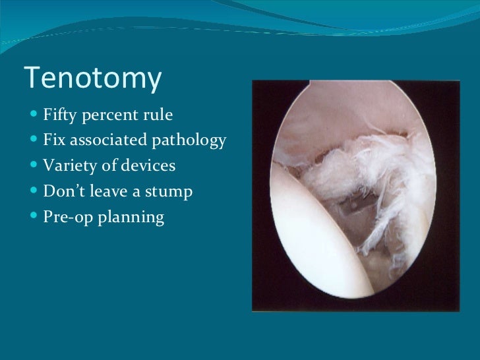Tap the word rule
tap(158, 117)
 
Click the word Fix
tap(53, 140)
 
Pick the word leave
tap(107, 191)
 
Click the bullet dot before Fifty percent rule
tap(34, 117)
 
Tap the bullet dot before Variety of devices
tap(34, 165)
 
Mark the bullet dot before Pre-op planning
tap(34, 217)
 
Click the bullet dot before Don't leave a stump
tap(34, 191)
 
